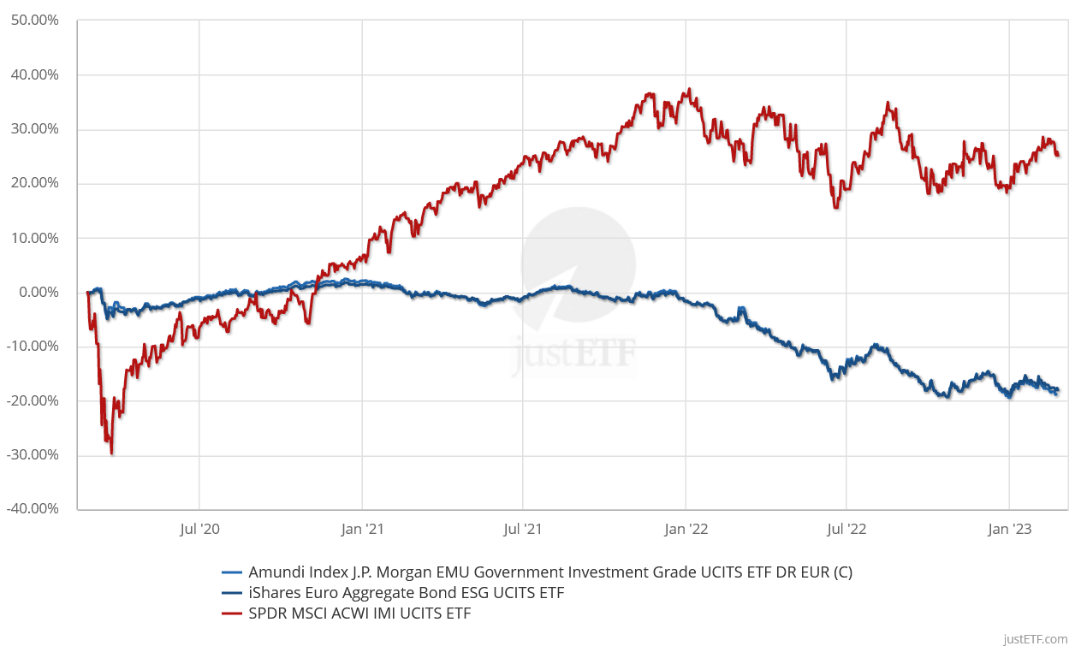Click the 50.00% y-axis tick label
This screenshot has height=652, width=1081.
point(34,21)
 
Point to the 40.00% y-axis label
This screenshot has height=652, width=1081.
point(34,75)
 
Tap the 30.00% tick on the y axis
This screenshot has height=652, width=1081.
point(34,129)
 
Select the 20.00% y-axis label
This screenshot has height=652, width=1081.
point(34,183)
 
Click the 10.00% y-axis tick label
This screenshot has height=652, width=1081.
point(34,238)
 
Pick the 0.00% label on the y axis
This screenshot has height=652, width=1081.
point(38,292)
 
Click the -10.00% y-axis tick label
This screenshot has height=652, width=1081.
point(32,347)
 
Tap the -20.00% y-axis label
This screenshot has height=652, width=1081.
point(32,400)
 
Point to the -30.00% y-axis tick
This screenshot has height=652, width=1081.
point(32,454)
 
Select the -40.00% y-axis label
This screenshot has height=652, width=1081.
point(32,509)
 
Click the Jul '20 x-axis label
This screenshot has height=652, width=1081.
point(199,530)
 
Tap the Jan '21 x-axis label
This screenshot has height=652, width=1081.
point(362,530)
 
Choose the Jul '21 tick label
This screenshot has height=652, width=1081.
point(523,530)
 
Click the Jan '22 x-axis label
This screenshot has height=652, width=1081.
point(686,530)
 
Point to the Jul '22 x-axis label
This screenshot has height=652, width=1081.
point(846,530)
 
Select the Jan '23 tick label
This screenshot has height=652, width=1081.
point(1009,530)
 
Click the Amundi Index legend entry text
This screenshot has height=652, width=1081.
point(550,572)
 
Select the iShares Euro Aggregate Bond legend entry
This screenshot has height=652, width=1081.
point(406,593)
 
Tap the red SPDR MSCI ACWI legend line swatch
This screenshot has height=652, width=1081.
point(233,613)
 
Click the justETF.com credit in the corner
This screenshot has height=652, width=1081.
point(1035,639)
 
